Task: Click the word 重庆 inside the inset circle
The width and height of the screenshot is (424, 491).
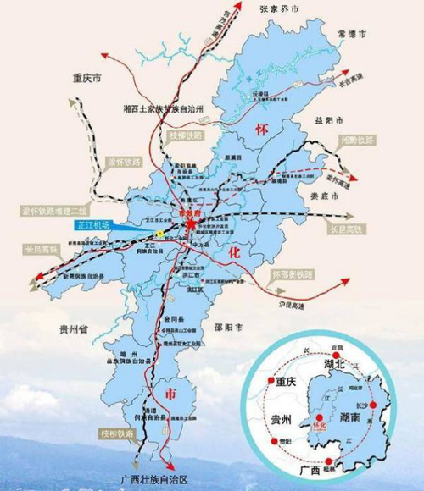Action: pyautogui.click(x=291, y=382)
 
